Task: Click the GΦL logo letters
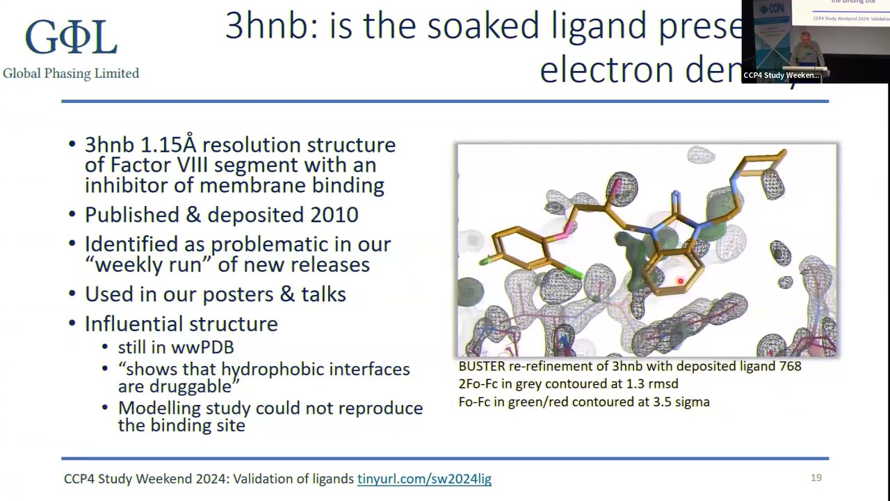70,38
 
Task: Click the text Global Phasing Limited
71,73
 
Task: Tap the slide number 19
816,477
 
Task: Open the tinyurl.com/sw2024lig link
424,479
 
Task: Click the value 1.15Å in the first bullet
169,145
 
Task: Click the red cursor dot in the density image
680,281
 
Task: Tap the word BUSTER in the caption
481,366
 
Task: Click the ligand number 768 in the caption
790,366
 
